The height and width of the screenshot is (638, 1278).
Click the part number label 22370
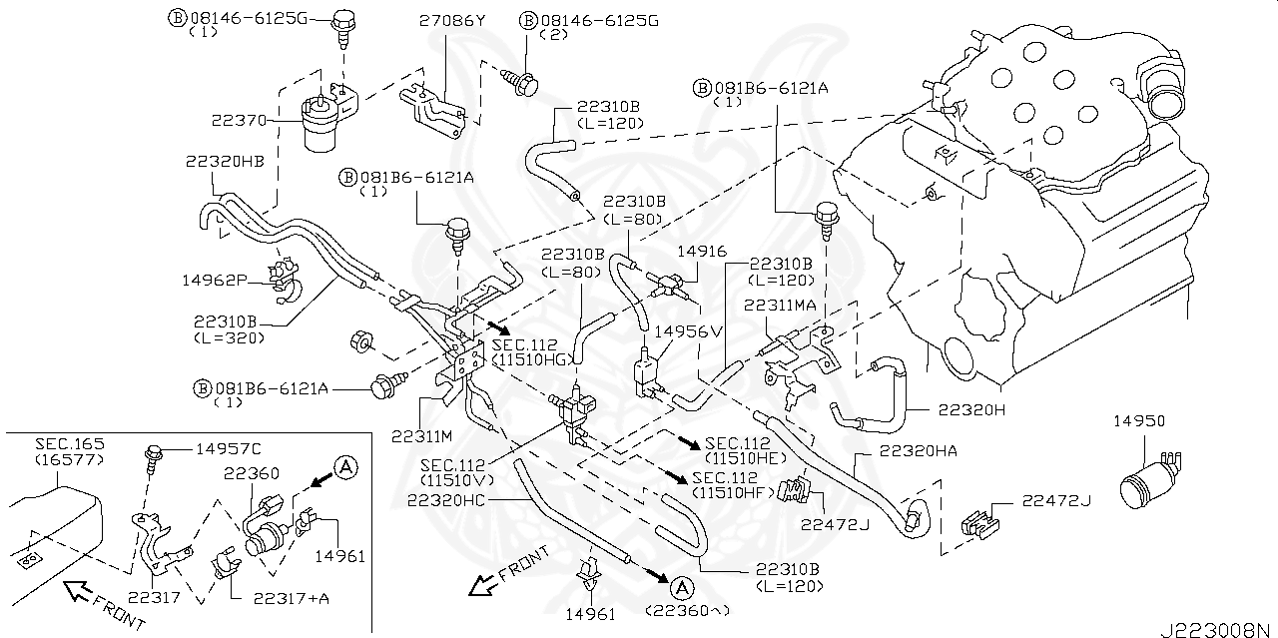click(x=239, y=121)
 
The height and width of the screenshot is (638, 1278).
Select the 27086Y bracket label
click(x=452, y=21)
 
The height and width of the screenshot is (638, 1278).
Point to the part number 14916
click(x=702, y=252)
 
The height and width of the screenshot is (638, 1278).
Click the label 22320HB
click(x=225, y=162)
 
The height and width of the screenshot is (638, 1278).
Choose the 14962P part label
click(x=215, y=281)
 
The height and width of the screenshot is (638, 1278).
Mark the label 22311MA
click(x=780, y=306)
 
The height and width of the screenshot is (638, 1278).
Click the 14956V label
click(x=689, y=331)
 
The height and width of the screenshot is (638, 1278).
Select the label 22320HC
click(x=446, y=500)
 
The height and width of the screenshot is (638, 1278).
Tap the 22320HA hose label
click(x=919, y=451)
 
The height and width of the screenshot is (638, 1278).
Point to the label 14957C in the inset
click(x=229, y=449)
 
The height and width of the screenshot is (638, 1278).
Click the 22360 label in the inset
click(x=252, y=473)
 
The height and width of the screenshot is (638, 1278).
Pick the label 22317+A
click(x=292, y=598)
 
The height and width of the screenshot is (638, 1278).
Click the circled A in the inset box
click(x=345, y=467)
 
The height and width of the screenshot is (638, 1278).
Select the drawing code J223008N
click(x=1219, y=629)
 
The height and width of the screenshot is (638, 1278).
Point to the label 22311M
click(x=422, y=436)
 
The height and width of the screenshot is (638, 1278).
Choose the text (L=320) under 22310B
click(x=230, y=337)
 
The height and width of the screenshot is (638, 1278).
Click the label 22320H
click(x=972, y=409)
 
